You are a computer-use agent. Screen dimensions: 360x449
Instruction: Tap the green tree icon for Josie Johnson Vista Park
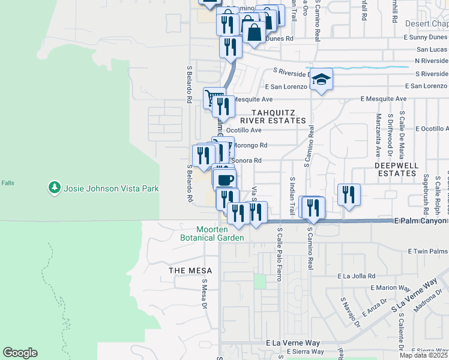[x=55, y=188]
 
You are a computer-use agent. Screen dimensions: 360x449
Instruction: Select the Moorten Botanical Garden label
[x=212, y=233]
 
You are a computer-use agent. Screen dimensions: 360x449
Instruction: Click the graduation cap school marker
[x=321, y=79]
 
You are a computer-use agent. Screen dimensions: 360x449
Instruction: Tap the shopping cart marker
[x=212, y=97]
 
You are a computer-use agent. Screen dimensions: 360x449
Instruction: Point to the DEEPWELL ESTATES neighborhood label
[x=395, y=169]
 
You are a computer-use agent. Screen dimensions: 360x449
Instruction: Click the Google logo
[x=20, y=353]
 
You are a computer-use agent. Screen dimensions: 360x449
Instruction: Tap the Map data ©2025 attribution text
[x=424, y=355]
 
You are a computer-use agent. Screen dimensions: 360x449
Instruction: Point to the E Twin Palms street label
[x=428, y=251]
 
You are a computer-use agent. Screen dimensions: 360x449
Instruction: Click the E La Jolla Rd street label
[x=357, y=276]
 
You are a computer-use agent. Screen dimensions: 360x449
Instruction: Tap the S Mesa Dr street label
[x=204, y=293]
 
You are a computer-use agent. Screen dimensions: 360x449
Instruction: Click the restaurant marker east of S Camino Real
[x=348, y=194]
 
